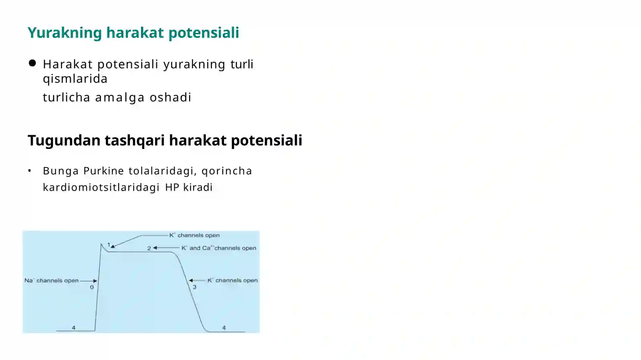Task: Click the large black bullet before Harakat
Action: pos(32,63)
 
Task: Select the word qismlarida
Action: pos(75,78)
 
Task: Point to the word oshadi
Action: pos(171,97)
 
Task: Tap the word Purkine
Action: pos(104,171)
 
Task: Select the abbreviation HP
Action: pos(172,187)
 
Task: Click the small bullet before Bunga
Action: pos(30,171)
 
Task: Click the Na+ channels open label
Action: pos(51,280)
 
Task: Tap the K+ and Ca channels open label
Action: pos(219,248)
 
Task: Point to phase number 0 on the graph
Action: pos(92,287)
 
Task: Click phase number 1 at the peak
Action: pos(109,245)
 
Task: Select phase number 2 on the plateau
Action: pos(149,248)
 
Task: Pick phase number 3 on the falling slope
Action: pos(195,287)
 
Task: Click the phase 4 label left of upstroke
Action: pos(74,328)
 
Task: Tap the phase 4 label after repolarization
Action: pos(224,328)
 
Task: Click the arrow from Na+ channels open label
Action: pos(89,281)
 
